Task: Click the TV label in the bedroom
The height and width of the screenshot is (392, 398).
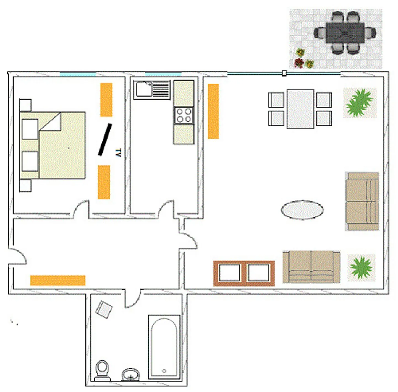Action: [x=118, y=153]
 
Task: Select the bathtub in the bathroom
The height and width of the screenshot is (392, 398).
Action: [x=164, y=347]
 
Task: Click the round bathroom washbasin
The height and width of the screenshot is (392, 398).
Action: [x=130, y=375]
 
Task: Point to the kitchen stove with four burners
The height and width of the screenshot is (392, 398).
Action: [x=184, y=115]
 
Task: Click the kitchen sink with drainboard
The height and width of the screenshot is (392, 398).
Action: [x=151, y=90]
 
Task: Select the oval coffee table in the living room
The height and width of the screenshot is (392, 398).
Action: [x=302, y=210]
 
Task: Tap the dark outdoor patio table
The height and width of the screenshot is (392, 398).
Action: [x=345, y=33]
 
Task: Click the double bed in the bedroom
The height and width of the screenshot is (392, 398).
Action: [x=53, y=145]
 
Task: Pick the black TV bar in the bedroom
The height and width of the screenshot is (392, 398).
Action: [x=105, y=139]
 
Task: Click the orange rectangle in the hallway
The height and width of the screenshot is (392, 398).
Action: [x=58, y=280]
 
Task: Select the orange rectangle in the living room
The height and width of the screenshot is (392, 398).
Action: [x=213, y=111]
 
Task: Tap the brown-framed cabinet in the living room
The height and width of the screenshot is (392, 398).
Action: [x=244, y=273]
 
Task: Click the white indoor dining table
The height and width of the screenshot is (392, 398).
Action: [x=300, y=109]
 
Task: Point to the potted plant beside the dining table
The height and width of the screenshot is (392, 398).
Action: [x=360, y=103]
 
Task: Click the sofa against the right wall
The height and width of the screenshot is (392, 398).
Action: [x=362, y=201]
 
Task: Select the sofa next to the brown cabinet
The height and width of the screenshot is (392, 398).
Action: [x=311, y=267]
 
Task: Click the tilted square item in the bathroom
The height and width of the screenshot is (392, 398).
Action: [x=104, y=309]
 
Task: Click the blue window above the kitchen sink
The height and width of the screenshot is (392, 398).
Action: [x=163, y=74]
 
